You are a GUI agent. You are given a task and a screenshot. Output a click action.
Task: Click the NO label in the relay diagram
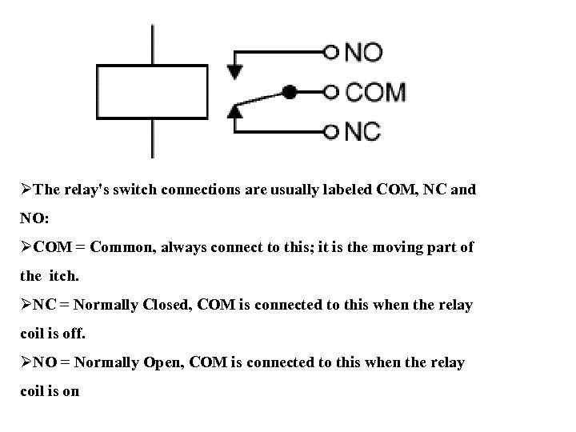364,53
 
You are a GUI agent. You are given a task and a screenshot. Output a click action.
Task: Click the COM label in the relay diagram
375,92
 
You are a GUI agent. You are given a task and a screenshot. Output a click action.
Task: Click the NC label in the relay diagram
362,130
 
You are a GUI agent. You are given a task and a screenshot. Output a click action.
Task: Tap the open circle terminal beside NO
331,53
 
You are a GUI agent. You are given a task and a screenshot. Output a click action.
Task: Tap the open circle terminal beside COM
331,92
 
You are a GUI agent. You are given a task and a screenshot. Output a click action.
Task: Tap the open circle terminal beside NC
331,130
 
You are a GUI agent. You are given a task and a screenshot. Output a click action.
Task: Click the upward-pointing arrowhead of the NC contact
234,111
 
